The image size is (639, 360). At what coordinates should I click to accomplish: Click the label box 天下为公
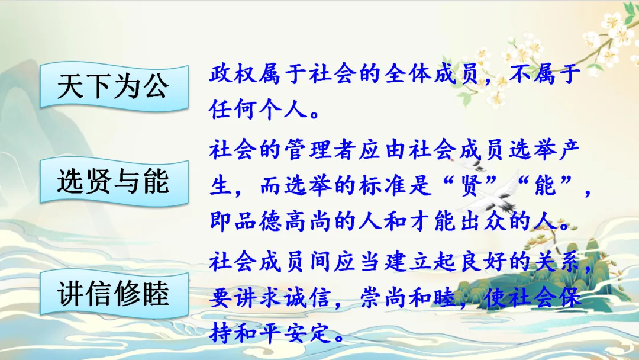point(114,86)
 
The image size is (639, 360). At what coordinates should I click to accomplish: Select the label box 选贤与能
point(114,182)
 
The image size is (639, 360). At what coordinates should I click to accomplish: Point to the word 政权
point(234,74)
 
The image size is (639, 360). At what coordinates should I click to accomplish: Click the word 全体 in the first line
point(409,74)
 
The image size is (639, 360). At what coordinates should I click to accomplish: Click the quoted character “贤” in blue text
point(472,185)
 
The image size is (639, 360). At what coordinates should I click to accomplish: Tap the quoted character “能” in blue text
point(547,185)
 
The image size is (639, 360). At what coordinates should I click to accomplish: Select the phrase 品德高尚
point(283,221)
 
